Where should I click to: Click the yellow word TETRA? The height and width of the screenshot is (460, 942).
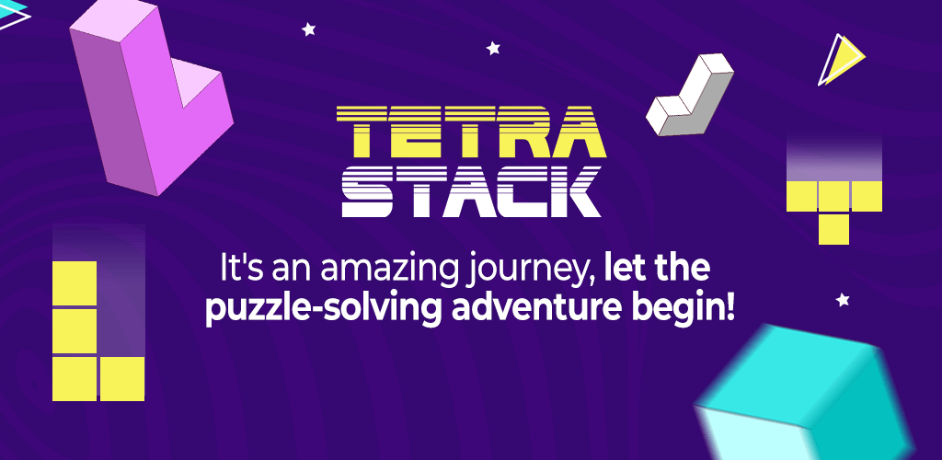click(x=471, y=131)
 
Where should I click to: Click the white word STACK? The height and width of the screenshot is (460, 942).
click(x=471, y=191)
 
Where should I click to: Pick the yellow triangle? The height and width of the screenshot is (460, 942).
click(x=844, y=60)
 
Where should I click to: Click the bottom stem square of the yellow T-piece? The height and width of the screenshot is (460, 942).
click(x=833, y=229)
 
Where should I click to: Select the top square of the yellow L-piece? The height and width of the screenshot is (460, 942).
click(x=75, y=282)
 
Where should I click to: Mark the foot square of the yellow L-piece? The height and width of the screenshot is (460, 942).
click(x=122, y=378)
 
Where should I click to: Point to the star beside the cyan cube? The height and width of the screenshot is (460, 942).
click(x=843, y=299)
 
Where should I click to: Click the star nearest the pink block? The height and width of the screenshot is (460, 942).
click(x=309, y=29)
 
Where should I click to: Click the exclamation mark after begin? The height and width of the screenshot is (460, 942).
click(x=729, y=312)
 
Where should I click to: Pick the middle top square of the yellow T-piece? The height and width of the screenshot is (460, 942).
click(x=833, y=196)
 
